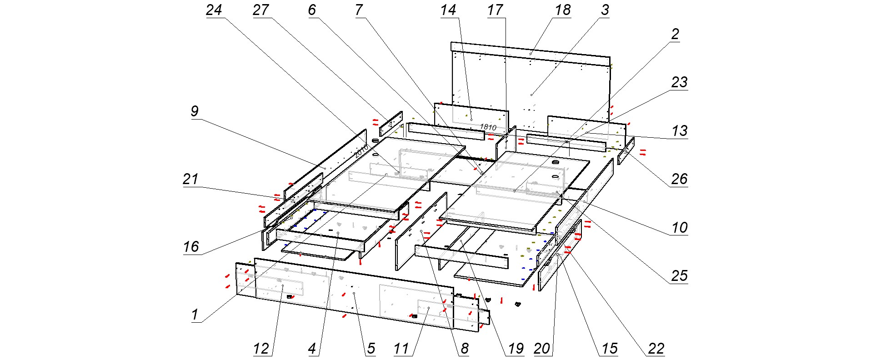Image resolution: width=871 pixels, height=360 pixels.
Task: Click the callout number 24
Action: (x=214, y=10)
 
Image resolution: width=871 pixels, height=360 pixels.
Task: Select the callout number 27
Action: (x=261, y=10)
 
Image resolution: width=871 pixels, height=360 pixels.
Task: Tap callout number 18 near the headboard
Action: (x=563, y=10)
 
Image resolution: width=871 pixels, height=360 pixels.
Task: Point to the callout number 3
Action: (x=605, y=10)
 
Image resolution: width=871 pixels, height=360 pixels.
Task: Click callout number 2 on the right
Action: (x=675, y=34)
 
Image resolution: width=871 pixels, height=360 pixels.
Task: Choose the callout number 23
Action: (x=679, y=82)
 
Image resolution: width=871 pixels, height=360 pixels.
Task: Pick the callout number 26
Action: (x=679, y=179)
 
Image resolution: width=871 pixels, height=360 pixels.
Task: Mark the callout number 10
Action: (x=679, y=227)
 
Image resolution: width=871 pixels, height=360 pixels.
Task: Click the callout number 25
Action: (x=679, y=275)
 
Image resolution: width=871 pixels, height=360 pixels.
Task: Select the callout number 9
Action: (x=195, y=111)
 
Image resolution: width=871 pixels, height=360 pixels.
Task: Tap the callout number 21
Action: (x=190, y=179)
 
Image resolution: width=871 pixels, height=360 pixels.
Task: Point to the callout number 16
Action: (x=191, y=246)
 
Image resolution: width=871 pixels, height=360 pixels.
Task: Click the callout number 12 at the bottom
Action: (x=261, y=349)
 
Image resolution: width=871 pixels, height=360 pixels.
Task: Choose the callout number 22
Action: (x=656, y=349)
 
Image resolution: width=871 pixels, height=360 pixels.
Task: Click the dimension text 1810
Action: (x=488, y=127)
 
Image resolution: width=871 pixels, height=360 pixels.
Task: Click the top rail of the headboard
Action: (x=530, y=53)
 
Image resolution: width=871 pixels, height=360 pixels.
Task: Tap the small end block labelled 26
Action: (x=626, y=151)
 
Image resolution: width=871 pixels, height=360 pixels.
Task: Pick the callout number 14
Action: (x=448, y=10)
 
